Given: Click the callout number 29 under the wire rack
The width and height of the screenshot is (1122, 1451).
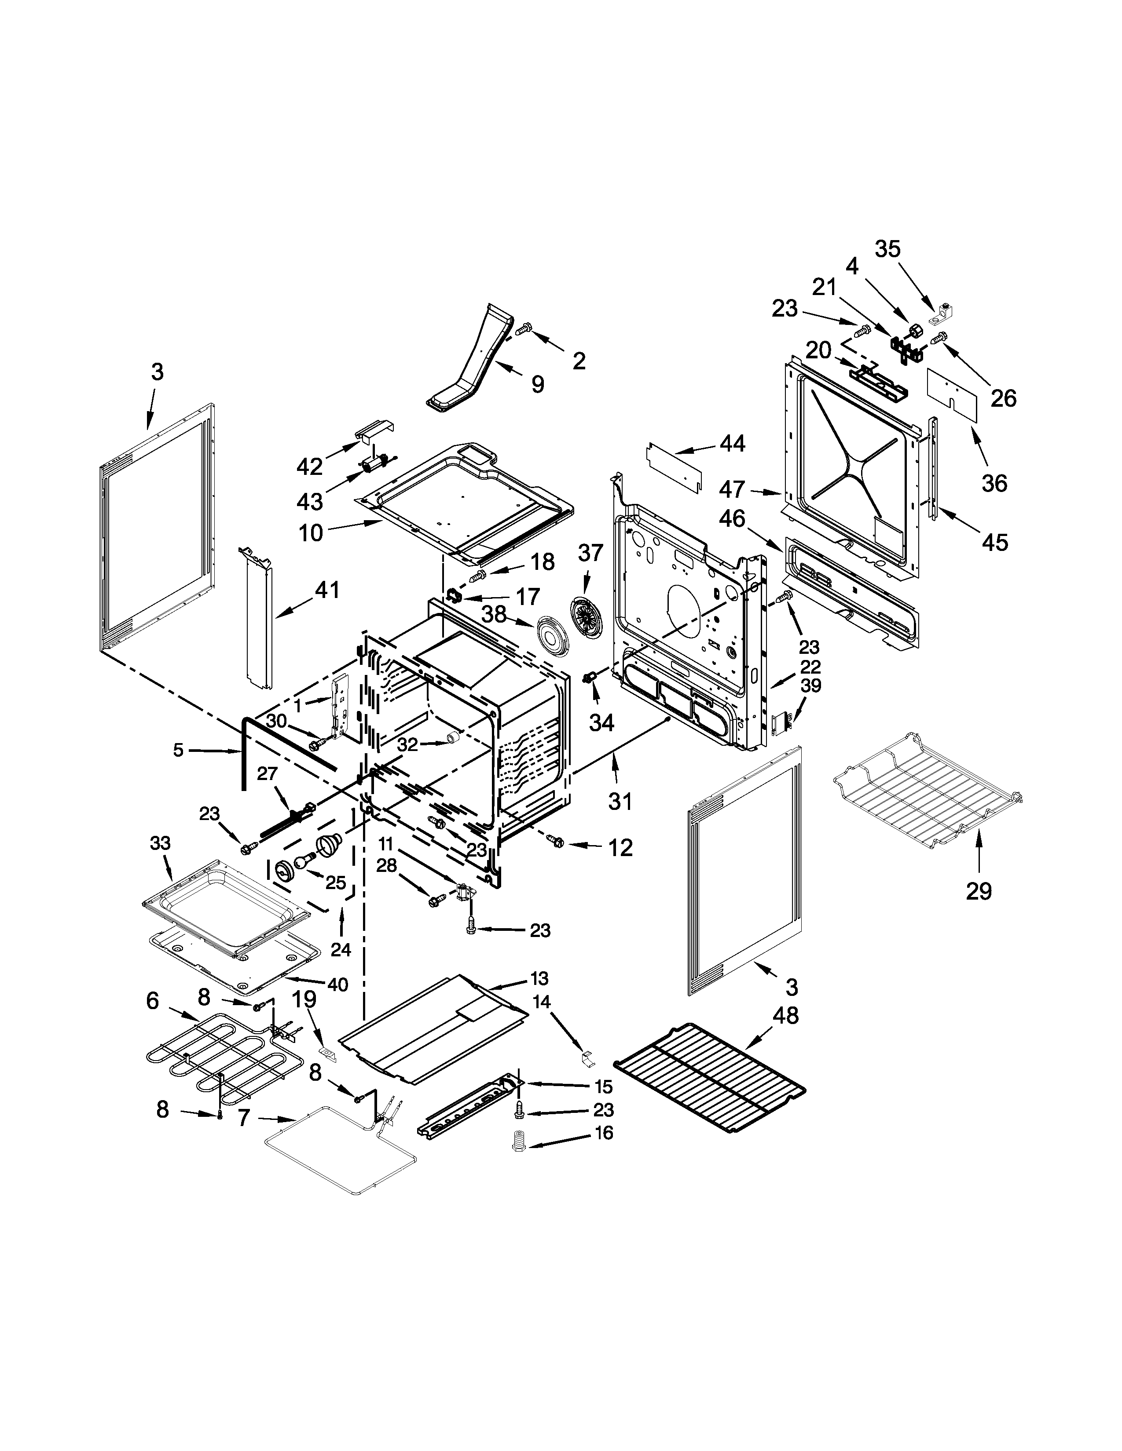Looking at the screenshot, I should [979, 891].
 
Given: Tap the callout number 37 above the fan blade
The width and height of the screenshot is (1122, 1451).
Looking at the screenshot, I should [590, 552].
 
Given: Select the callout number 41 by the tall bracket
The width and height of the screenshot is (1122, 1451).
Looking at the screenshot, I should [326, 589].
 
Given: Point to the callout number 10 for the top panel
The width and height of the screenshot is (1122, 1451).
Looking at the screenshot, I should [310, 532].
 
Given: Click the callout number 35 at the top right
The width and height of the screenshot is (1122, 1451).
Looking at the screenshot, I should [887, 249].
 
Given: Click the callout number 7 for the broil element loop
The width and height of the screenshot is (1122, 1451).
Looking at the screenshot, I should [244, 1118].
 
